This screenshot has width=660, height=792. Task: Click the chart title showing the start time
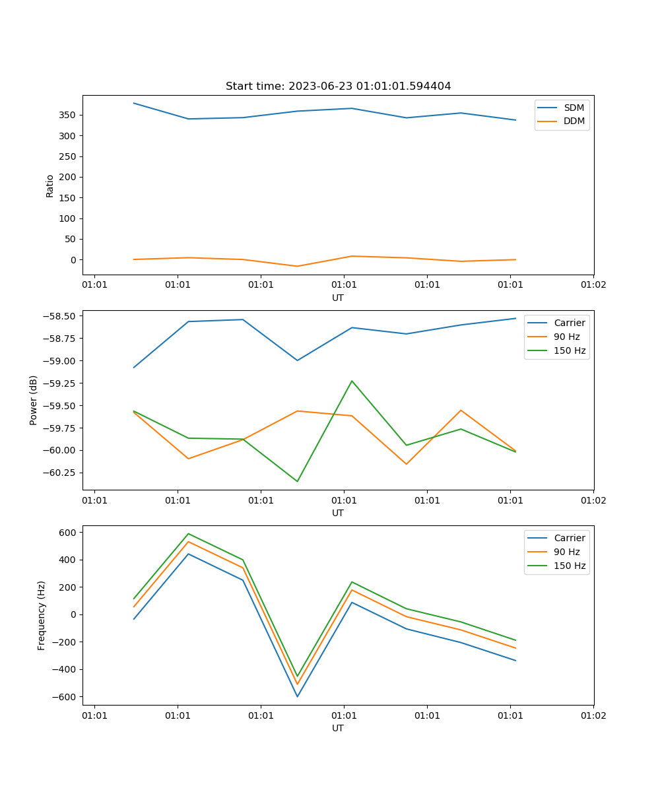338,86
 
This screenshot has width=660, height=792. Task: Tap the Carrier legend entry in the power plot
556,323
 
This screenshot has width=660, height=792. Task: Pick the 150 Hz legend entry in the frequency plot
556,566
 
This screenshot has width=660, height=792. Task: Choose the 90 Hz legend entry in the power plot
554,337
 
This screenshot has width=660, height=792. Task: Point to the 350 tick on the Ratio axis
67,115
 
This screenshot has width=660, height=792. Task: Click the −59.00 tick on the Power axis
59,361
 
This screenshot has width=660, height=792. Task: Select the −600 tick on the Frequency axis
64,697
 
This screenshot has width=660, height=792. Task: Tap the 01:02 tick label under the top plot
593,284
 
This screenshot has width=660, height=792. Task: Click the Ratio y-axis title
49,186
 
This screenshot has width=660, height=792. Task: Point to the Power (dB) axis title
33,401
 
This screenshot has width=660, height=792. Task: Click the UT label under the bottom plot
337,728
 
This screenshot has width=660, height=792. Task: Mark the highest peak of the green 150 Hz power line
352,381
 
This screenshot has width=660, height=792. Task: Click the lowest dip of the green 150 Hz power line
298,481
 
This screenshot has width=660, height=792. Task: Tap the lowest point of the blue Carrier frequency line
298,696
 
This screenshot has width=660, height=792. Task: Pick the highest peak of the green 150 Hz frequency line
189,534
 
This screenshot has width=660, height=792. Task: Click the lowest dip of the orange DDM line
298,266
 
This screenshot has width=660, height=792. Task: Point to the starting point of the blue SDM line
134,103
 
